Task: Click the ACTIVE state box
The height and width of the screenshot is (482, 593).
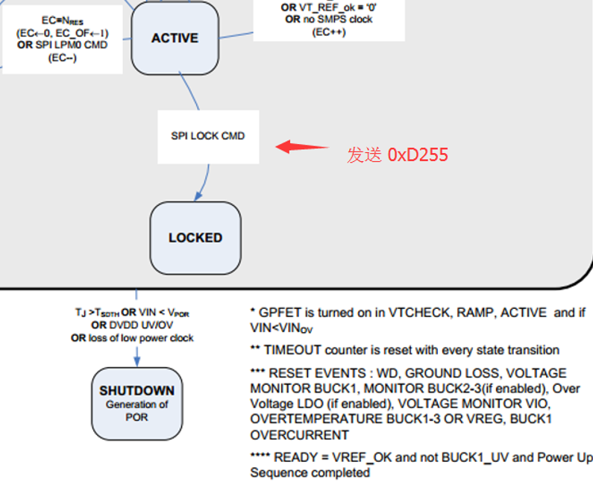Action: point(175,37)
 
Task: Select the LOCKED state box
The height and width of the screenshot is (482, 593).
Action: point(195,237)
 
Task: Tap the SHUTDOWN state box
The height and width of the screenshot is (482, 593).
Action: point(137,404)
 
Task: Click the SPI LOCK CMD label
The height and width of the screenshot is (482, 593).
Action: point(207,136)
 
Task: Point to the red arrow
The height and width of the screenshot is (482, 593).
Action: point(301,147)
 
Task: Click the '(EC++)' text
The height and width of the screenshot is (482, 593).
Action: point(329,32)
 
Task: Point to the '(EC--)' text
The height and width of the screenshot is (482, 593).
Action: point(62,58)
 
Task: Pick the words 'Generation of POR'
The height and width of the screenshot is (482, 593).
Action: point(137,411)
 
